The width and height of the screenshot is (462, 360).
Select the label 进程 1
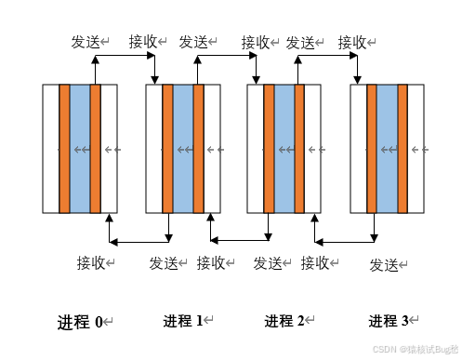pyautogui.click(x=183, y=321)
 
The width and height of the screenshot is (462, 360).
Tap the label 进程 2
pyautogui.click(x=284, y=321)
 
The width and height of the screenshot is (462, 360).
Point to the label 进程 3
pyautogui.click(x=389, y=321)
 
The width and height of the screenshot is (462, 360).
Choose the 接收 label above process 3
pyautogui.click(x=352, y=42)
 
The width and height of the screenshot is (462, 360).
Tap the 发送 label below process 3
pyautogui.click(x=384, y=264)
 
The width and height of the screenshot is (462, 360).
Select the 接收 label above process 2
pyautogui.click(x=256, y=42)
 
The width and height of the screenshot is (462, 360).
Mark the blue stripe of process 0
pyautogui.click(x=80, y=149)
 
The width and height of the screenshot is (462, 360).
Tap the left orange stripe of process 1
pyautogui.click(x=167, y=149)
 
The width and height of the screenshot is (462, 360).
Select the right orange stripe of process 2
pyautogui.click(x=299, y=149)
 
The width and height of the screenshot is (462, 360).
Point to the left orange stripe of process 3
pyautogui.click(x=372, y=149)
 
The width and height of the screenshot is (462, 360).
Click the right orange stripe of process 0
pyautogui.click(x=95, y=149)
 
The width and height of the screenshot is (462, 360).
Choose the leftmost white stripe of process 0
pyautogui.click(x=51, y=149)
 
